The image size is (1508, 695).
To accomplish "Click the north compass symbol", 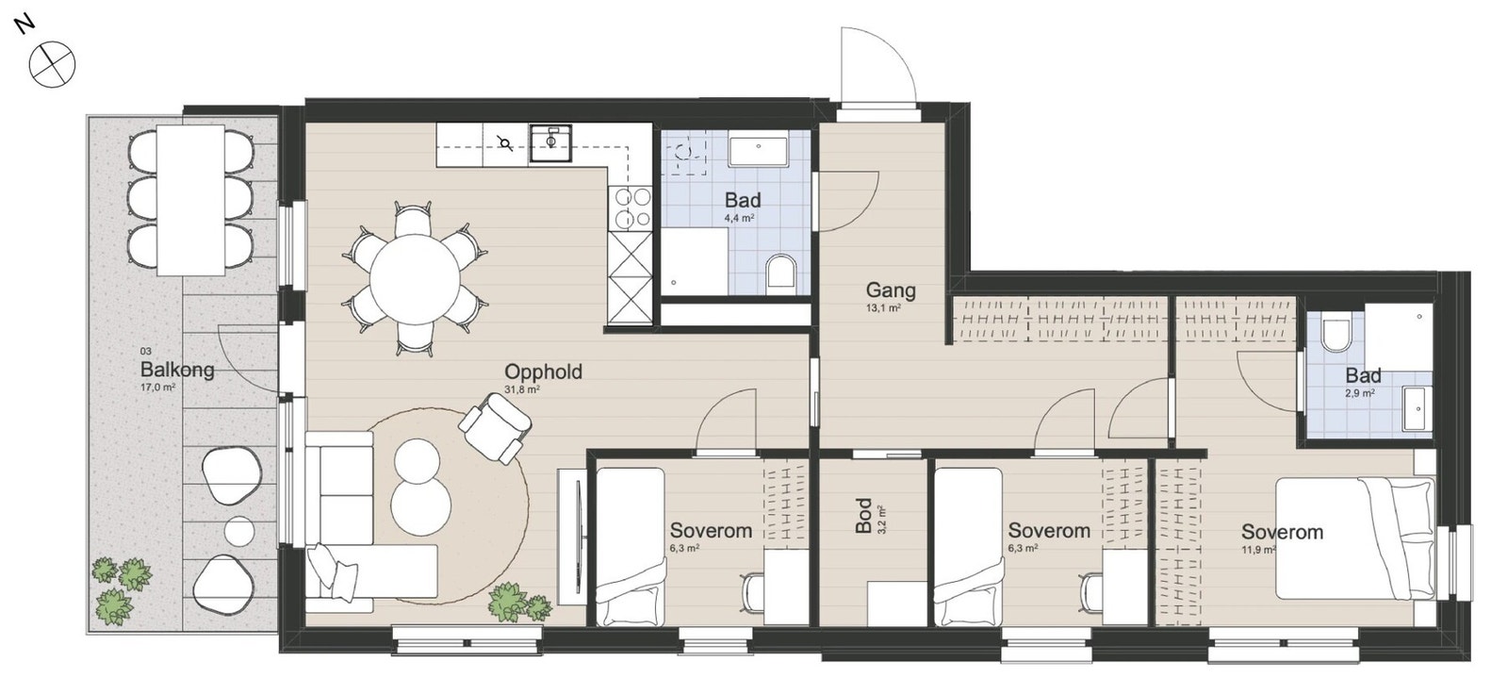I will pyautogui.click(x=52, y=65).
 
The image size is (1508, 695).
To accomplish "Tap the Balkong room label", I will pyautogui.click(x=176, y=369).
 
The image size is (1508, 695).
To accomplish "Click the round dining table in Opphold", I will pyautogui.click(x=415, y=278).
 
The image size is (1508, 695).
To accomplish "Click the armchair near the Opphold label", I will pyautogui.click(x=495, y=425).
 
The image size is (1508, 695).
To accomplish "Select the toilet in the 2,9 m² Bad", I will pyautogui.click(x=1336, y=335).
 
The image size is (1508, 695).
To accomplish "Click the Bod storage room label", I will pyautogui.click(x=863, y=516).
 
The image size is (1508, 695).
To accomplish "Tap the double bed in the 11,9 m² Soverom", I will pyautogui.click(x=1353, y=538).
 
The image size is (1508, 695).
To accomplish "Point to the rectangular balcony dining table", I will pyautogui.click(x=190, y=199).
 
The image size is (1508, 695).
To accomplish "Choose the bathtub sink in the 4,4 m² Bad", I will pyautogui.click(x=759, y=151).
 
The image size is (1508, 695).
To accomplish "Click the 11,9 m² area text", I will pyautogui.click(x=1258, y=550).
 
